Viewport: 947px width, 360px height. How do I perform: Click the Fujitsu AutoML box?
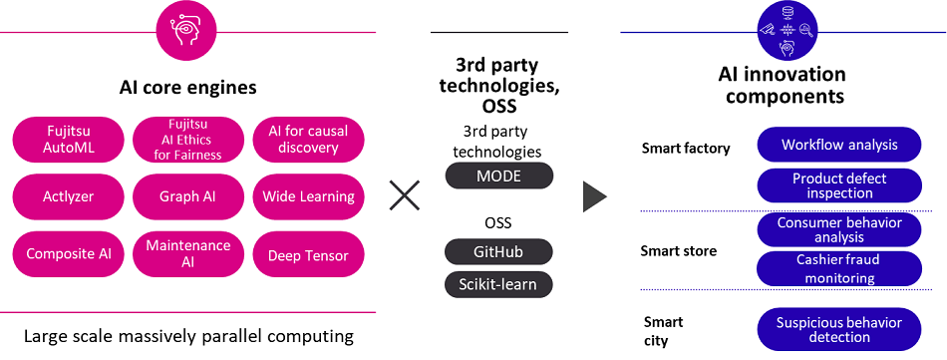[x=69, y=140]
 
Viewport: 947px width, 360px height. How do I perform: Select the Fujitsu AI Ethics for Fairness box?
[x=188, y=140]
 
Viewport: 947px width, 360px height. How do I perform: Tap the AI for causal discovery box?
[x=308, y=140]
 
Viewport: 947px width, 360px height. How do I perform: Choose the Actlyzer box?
[x=69, y=196]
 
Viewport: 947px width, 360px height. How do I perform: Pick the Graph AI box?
[x=188, y=196]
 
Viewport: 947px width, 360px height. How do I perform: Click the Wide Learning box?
[x=308, y=196]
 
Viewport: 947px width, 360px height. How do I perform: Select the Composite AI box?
[x=69, y=254]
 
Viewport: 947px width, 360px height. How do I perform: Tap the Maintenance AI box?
[x=188, y=254]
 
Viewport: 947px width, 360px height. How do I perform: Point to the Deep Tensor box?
[x=308, y=255]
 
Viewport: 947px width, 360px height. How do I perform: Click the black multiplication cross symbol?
[x=404, y=195]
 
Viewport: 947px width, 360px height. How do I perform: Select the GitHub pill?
[x=498, y=251]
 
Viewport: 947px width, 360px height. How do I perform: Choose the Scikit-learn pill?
[x=498, y=284]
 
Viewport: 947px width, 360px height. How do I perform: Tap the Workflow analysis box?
[x=839, y=145]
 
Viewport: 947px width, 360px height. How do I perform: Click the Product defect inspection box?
[x=839, y=185]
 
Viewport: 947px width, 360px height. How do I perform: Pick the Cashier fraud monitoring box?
[x=839, y=267]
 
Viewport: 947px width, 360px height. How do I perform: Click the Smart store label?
[x=678, y=251]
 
